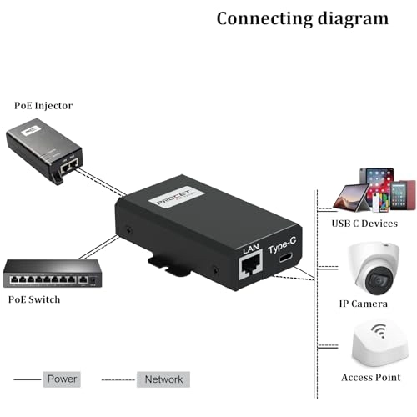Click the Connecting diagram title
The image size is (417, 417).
(302, 18)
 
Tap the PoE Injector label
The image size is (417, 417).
(43, 106)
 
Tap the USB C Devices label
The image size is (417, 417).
(365, 223)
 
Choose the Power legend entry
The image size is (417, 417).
(63, 379)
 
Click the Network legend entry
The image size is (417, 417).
(163, 379)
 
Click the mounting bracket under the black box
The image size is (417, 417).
(171, 263)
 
